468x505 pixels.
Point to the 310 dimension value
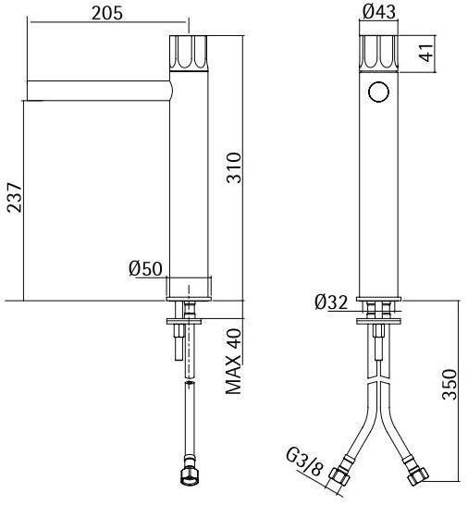(235, 166)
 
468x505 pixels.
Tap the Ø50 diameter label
(145, 269)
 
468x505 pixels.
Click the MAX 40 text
(235, 362)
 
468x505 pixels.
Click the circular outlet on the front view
(377, 92)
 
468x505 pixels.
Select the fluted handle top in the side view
(190, 53)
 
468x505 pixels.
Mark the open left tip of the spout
(28, 90)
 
